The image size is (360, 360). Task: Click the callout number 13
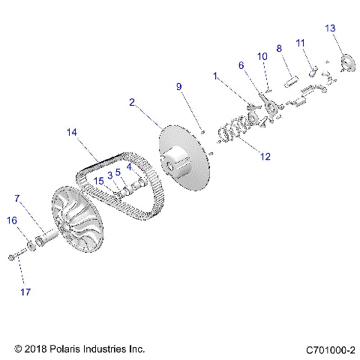[x=330, y=28]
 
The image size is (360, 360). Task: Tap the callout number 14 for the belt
[x=72, y=133]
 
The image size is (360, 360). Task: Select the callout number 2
[x=131, y=102]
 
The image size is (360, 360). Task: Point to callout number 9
[x=179, y=87]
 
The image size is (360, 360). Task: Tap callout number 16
[x=12, y=220]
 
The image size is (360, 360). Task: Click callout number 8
[x=279, y=49]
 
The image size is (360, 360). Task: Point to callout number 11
[x=299, y=43]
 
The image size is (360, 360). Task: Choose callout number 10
[x=262, y=56]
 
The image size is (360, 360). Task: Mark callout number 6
[x=241, y=65]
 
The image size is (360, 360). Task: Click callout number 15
[x=99, y=180]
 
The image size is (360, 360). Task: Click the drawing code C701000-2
[x=330, y=349]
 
